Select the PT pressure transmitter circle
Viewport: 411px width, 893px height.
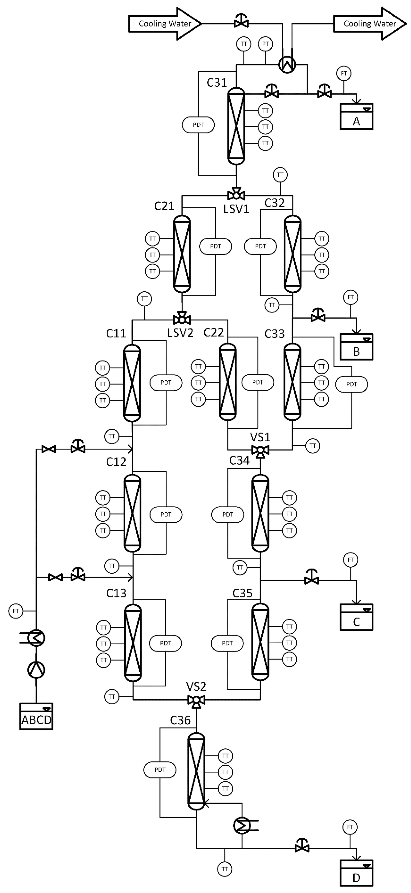[x=265, y=44]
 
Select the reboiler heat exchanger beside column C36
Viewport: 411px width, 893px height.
[x=242, y=826]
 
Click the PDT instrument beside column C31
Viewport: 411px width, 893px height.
[x=198, y=125]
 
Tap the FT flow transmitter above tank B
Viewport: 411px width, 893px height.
[x=351, y=297]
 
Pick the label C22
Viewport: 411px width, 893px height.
[x=214, y=333]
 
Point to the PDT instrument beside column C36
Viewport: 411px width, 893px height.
[x=160, y=770]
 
